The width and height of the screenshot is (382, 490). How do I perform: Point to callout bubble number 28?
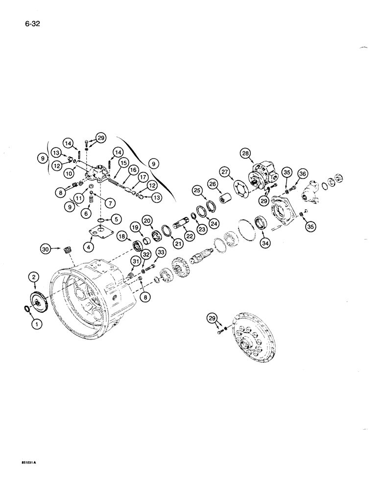pos(245,154)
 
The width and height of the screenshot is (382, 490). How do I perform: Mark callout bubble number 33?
pos(160,253)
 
